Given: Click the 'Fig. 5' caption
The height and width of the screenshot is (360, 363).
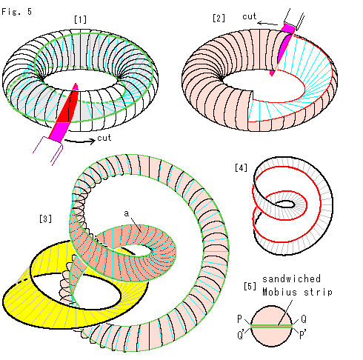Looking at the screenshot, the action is point(16,12).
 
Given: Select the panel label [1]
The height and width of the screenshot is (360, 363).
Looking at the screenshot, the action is point(81,19).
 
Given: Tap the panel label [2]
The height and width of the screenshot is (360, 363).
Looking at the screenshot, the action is point(219,18).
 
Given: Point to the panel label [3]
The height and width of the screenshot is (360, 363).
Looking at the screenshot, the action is point(45,219).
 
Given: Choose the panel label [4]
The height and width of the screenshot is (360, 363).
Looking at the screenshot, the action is point(241,168).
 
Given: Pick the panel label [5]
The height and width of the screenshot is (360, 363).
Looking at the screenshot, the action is point(250,286).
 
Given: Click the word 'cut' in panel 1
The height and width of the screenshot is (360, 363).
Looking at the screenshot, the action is point(104,138).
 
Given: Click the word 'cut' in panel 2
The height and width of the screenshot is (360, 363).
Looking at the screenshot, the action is point(249,16).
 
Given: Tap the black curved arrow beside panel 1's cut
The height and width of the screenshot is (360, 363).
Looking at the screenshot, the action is point(80,141).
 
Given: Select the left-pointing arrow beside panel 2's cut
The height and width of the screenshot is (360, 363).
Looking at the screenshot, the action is point(267,24).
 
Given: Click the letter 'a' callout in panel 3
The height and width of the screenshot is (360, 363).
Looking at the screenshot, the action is point(127,213).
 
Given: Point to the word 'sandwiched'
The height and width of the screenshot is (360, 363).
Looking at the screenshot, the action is point(291,279).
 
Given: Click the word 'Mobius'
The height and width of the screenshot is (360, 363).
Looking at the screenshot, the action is point(279,292).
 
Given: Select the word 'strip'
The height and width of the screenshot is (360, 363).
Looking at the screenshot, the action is point(318,292).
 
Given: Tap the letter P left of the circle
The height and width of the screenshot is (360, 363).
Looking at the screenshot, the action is point(239,319).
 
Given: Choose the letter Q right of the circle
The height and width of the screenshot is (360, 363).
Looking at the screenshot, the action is point(304,319).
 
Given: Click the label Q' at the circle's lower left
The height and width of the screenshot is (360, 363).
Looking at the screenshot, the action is point(240,335).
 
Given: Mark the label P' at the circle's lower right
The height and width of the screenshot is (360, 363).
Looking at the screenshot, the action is point(303,335).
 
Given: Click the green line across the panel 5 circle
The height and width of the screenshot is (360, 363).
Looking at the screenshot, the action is point(271,326).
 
